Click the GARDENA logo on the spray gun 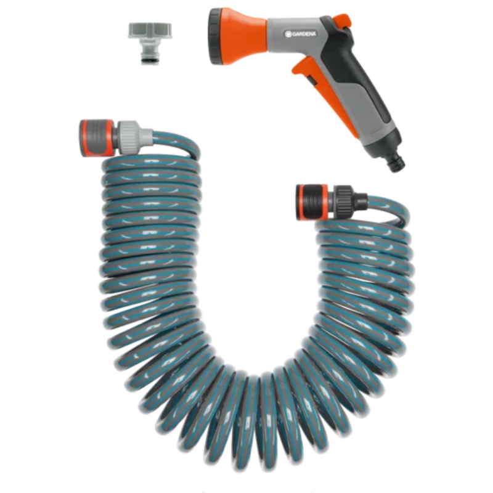point(300,34)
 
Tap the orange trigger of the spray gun point(327,94)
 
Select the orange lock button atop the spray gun point(343,20)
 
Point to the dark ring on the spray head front point(217,37)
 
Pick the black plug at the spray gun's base point(397,163)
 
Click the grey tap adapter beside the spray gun point(150,43)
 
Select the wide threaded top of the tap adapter point(150,30)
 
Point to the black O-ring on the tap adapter point(150,58)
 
